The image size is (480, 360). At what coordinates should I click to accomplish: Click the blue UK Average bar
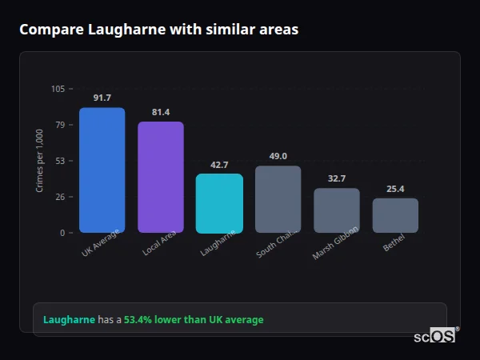[x=102, y=170]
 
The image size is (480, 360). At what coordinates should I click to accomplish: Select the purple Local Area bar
[x=161, y=178]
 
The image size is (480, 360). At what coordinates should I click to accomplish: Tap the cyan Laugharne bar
[x=219, y=203]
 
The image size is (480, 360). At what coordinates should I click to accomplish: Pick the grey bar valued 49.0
[x=278, y=199]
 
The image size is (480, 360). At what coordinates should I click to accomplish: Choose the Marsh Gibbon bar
[x=337, y=210]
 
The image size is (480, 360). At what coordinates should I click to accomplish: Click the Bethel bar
[x=395, y=215]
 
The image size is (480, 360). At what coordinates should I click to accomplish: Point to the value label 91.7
[x=102, y=98]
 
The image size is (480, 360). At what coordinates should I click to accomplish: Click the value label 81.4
[x=161, y=112]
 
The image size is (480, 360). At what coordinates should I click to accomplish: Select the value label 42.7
[x=219, y=165]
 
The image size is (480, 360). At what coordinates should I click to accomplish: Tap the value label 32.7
[x=337, y=178]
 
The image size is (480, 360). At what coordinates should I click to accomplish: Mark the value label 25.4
[x=395, y=189]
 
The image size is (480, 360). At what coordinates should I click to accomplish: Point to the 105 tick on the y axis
[x=58, y=89]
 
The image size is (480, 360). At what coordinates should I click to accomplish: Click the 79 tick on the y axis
[x=60, y=125]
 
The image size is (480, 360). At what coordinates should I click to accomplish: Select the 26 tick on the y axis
[x=60, y=197]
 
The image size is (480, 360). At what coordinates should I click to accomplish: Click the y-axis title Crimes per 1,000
[x=40, y=161]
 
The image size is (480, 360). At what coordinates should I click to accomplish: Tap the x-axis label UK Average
[x=100, y=243]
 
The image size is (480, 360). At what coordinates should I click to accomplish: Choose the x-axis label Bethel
[x=394, y=242]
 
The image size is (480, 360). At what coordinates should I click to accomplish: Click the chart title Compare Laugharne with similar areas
[x=158, y=30]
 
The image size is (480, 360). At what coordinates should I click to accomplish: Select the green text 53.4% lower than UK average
[x=193, y=320]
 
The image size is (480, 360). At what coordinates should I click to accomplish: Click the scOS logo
[x=435, y=336]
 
